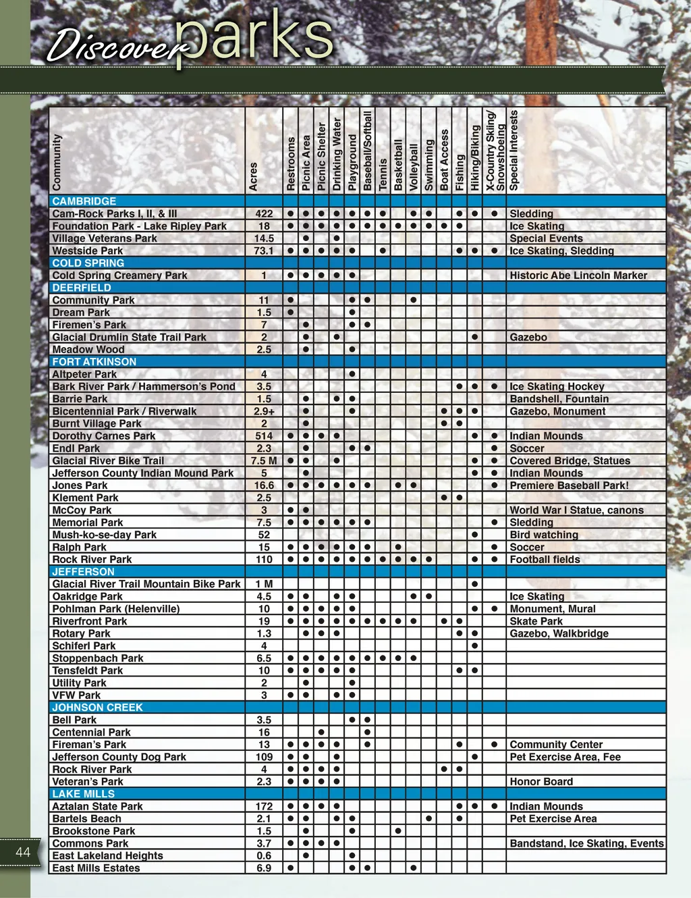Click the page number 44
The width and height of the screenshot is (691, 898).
(x=23, y=851)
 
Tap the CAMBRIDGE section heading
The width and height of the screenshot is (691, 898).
(x=84, y=201)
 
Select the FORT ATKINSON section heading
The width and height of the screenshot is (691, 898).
(x=94, y=362)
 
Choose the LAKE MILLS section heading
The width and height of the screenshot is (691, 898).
(x=84, y=794)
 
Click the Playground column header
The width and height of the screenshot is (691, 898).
(x=352, y=162)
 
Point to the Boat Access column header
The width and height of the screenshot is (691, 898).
(x=444, y=159)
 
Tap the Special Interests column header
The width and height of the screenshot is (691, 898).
(x=514, y=150)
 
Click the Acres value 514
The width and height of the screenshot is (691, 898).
(x=264, y=436)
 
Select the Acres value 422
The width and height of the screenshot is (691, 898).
(x=264, y=213)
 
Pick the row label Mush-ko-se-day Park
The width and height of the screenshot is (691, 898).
(x=105, y=535)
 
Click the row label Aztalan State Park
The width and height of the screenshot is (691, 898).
(x=98, y=806)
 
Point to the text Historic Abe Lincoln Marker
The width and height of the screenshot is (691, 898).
(x=578, y=275)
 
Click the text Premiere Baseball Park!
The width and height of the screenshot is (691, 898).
(x=569, y=485)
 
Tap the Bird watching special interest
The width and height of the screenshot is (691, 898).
(x=544, y=535)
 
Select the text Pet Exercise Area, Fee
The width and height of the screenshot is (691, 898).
(x=565, y=757)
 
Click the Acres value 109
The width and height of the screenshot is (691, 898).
(x=264, y=757)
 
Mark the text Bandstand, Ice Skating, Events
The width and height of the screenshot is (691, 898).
(x=586, y=843)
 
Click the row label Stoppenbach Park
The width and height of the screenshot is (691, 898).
(x=98, y=658)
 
